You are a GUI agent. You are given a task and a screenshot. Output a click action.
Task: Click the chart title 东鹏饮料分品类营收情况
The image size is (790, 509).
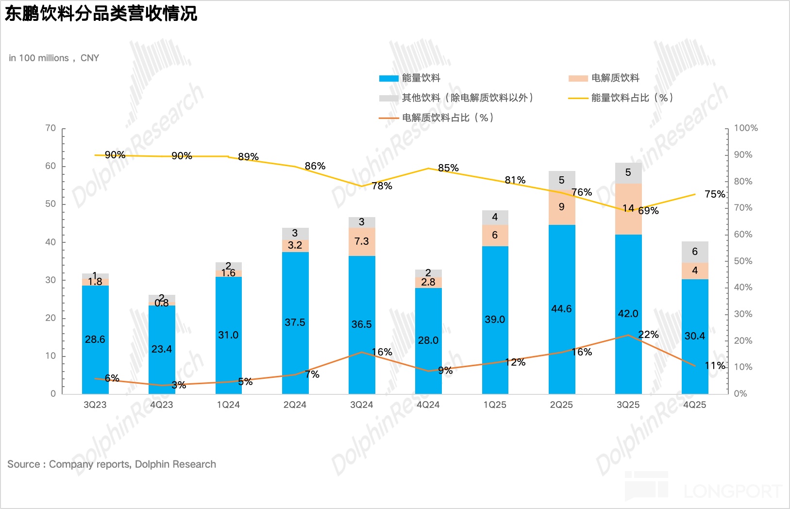pyautogui.click(x=101, y=14)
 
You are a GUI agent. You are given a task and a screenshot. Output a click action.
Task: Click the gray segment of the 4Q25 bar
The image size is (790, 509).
pyautogui.click(x=695, y=252)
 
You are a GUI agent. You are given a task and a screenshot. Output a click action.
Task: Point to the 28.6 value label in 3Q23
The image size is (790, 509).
pyautogui.click(x=95, y=339)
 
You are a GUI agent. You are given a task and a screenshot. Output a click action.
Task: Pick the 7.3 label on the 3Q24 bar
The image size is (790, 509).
pyautogui.click(x=362, y=241)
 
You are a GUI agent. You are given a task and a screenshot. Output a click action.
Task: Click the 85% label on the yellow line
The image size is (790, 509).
pyautogui.click(x=448, y=168)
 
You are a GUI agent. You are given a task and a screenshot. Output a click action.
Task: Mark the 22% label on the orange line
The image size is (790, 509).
pyautogui.click(x=648, y=335)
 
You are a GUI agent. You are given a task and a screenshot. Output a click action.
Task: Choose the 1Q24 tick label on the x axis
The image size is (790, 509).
pyautogui.click(x=228, y=405)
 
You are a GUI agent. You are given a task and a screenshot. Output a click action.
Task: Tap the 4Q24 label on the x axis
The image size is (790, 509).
pyautogui.click(x=428, y=405)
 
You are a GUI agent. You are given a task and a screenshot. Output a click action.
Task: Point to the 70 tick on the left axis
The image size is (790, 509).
pyautogui.click(x=50, y=128)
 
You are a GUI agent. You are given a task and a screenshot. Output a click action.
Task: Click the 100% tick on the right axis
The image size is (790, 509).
pyautogui.click(x=745, y=128)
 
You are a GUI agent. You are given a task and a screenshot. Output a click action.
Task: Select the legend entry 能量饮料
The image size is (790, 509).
pyautogui.click(x=420, y=78)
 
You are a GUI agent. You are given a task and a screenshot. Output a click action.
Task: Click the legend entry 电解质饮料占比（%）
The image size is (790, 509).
pyautogui.click(x=447, y=118)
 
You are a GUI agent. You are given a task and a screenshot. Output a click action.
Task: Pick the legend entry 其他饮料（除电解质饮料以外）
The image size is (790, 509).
pyautogui.click(x=467, y=98)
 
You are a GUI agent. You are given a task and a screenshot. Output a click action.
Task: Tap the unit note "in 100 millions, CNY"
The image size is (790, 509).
pyautogui.click(x=54, y=58)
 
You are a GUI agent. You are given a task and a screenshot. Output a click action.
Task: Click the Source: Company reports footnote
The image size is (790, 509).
pyautogui.click(x=112, y=464)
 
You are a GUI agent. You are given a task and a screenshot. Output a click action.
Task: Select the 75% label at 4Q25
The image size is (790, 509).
pyautogui.click(x=715, y=194)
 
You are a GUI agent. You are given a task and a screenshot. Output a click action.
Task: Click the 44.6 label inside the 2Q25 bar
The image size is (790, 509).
pyautogui.click(x=562, y=309)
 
